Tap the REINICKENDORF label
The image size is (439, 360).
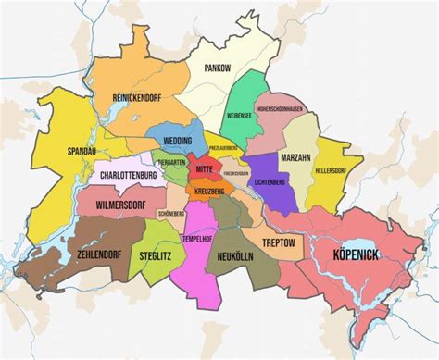coord(137,97)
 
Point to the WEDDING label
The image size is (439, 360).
coord(177,141)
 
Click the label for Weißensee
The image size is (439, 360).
coord(240,116)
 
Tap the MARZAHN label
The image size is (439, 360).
coord(295,157)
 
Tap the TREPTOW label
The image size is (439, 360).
coord(279,242)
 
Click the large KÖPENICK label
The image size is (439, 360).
coord(353,253)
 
